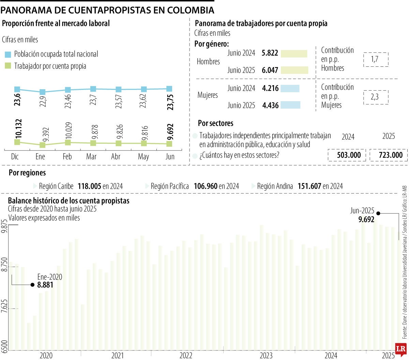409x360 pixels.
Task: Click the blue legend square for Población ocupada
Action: coord(8,54)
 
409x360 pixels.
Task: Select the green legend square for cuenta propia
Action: coord(8,66)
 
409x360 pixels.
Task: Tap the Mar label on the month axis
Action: coord(91,157)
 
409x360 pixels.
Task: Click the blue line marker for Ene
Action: coord(43,92)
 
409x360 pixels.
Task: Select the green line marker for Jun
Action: coord(169,144)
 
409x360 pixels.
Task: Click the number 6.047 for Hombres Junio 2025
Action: coord(270,70)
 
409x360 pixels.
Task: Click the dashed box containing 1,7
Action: coord(376,59)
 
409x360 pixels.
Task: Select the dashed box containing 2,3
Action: coord(376,97)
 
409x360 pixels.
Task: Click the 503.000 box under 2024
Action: coord(347,155)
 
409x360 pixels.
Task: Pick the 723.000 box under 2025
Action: coord(388,155)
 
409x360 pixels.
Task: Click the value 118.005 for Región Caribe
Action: coord(89,186)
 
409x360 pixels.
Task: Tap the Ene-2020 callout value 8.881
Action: coord(45,285)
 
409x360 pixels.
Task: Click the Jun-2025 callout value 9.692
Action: coord(366,219)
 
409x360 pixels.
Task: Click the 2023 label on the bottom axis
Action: coord(266,356)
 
